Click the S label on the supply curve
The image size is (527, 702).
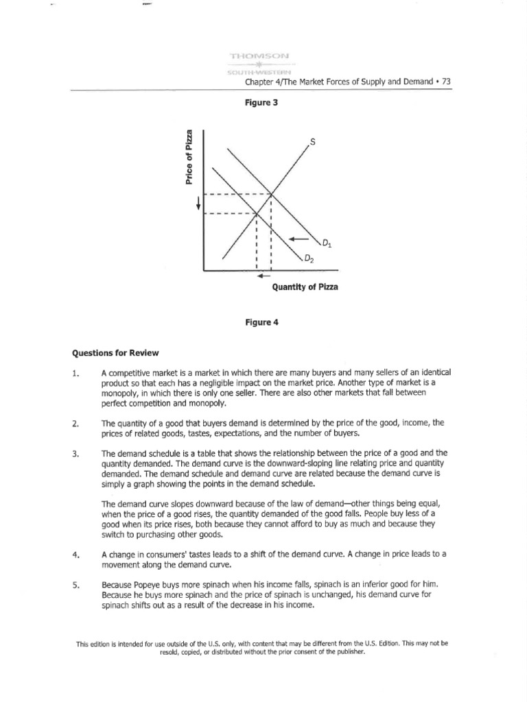click(313, 143)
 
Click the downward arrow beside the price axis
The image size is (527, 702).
click(199, 204)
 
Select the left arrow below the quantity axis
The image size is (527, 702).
click(263, 277)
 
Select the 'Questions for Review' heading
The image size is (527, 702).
click(115, 353)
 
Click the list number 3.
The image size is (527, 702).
click(75, 454)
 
